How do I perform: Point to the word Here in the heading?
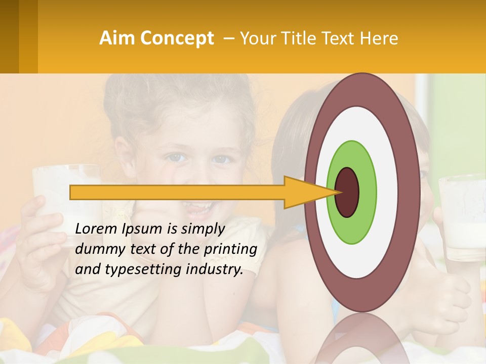tap(380, 38)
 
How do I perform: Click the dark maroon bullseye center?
tap(347, 192)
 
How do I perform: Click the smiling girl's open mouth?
tap(197, 207)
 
